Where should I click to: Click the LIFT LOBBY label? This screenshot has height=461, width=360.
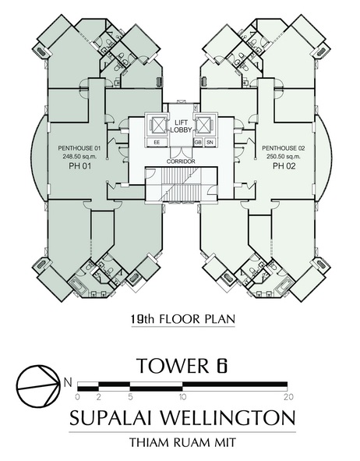click(x=181, y=126)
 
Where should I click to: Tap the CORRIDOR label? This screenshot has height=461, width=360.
click(x=181, y=161)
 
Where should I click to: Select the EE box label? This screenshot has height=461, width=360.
click(x=157, y=143)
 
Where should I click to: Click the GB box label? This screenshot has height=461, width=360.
click(x=198, y=143)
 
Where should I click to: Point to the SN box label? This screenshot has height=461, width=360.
click(x=210, y=143)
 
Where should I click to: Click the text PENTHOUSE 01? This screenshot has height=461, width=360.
click(x=79, y=148)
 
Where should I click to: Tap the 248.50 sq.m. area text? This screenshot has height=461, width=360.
click(x=79, y=157)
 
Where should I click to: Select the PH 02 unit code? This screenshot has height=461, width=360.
click(x=284, y=166)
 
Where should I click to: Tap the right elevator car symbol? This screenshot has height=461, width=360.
click(x=204, y=125)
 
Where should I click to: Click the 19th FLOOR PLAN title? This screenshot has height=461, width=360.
click(x=183, y=319)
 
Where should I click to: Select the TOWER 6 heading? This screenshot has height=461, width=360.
click(x=182, y=365)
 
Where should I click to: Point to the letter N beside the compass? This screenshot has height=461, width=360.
click(x=68, y=382)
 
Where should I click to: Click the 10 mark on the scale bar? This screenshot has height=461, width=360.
click(x=182, y=397)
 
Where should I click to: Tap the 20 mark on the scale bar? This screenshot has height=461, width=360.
click(x=289, y=397)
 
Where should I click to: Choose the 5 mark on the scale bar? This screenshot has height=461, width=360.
click(x=130, y=397)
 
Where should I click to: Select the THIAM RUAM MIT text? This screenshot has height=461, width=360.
click(x=183, y=442)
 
